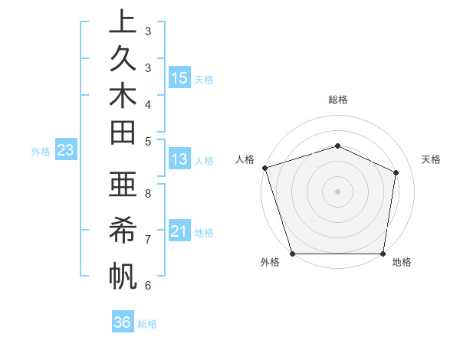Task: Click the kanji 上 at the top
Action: click(x=123, y=21)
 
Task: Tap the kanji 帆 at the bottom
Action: click(x=123, y=275)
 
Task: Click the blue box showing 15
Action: click(x=179, y=77)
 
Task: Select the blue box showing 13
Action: click(x=179, y=159)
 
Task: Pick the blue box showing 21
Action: click(x=179, y=231)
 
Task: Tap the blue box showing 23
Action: click(x=65, y=150)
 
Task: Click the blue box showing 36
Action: click(x=123, y=322)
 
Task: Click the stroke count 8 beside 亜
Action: click(x=148, y=194)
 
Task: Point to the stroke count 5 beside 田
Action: click(x=148, y=140)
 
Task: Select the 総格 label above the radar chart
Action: click(x=337, y=100)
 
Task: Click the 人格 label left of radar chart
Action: click(x=245, y=159)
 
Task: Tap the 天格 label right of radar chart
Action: click(x=431, y=159)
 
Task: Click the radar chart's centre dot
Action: click(x=337, y=191)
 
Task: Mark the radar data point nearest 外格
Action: click(x=292, y=254)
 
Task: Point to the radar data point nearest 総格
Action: click(x=337, y=146)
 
